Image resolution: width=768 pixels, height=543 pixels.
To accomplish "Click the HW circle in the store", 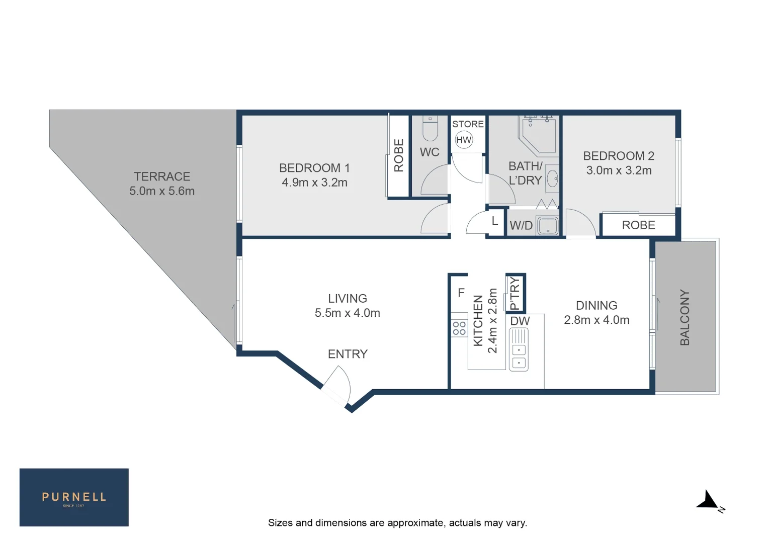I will click(x=464, y=140).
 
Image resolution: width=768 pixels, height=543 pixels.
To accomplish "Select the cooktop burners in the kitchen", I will click(x=459, y=328).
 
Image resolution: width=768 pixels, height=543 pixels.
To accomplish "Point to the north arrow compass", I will click(x=709, y=501).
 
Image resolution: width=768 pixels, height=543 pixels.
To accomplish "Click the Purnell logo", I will click(x=74, y=497).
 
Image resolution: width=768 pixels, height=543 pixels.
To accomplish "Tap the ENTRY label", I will click(x=348, y=354).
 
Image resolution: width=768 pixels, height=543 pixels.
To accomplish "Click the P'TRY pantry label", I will click(x=515, y=294).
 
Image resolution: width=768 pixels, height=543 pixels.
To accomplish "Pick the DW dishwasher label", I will click(x=520, y=321).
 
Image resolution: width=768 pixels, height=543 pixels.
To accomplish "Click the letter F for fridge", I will click(x=461, y=293).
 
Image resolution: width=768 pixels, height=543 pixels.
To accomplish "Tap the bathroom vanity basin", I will click(x=552, y=178).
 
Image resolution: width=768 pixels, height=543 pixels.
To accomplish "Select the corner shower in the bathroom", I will click(x=539, y=134).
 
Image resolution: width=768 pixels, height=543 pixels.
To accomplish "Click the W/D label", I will click(x=521, y=226).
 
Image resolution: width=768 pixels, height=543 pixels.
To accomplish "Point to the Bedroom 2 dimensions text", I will click(x=619, y=170).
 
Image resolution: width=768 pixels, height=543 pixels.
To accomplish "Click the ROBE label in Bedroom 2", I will click(x=638, y=225).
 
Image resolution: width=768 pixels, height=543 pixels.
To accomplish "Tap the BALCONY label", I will click(x=685, y=317).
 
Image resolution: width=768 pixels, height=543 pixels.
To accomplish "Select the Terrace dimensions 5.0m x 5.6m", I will click(x=162, y=191).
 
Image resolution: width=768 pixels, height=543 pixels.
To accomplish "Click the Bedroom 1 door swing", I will click(x=436, y=219).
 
